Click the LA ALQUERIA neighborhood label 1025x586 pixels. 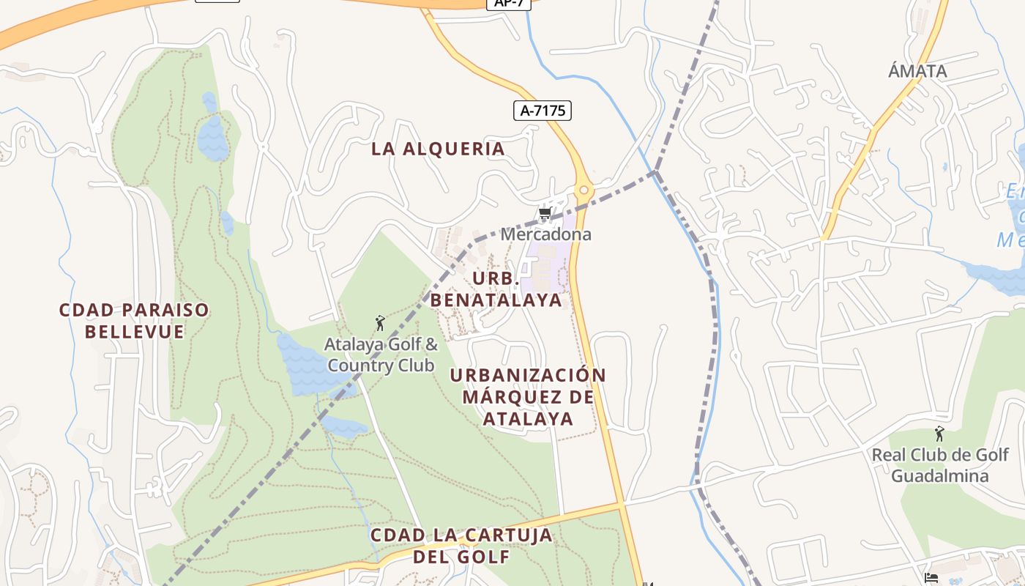[438, 149]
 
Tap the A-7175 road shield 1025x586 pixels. [542, 111]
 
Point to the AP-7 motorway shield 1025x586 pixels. [507, 3]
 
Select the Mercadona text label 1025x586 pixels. [545, 234]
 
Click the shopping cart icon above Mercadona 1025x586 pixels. [545, 214]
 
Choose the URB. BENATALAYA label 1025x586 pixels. [496, 289]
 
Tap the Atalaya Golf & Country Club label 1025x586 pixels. [381, 355]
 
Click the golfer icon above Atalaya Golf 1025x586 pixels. [379, 323]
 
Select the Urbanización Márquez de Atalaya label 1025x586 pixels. [528, 396]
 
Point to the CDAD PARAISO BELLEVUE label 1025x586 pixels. [134, 321]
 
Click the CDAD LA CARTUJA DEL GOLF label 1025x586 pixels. [461, 545]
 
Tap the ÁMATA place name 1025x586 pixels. [917, 71]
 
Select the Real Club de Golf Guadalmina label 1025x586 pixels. [939, 465]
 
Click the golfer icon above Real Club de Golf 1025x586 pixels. [939, 434]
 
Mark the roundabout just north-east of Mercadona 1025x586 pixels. [584, 191]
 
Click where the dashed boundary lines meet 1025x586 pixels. [655, 172]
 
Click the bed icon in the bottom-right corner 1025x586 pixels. [931, 578]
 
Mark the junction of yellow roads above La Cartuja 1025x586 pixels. [622, 504]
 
